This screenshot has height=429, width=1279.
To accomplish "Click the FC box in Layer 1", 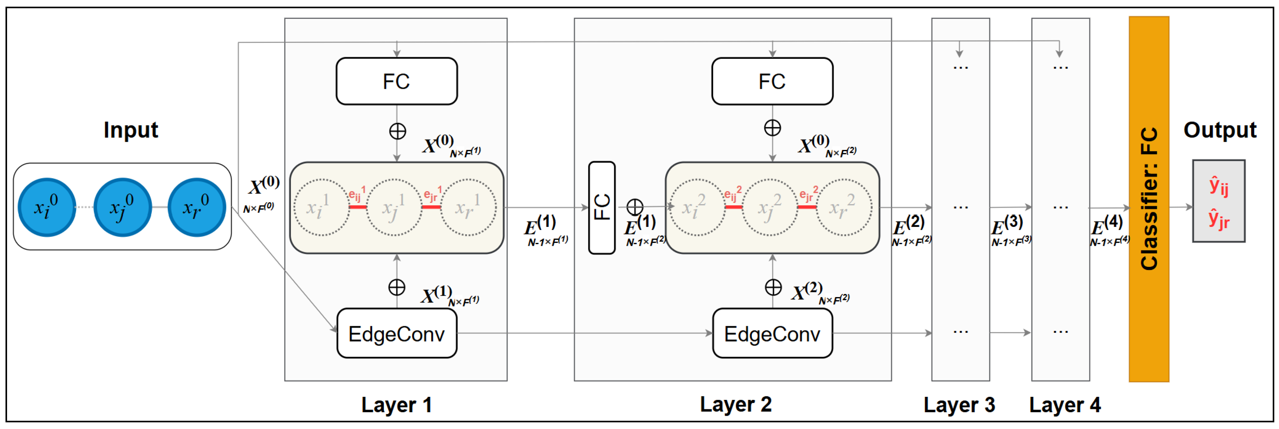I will point(396,81).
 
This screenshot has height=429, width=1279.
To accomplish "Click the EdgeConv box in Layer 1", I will point(396,333).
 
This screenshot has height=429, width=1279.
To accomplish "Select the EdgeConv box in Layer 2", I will point(772,333).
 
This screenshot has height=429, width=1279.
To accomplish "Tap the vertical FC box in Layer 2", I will point(601,207).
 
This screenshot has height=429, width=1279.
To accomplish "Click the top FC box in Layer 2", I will point(772,81).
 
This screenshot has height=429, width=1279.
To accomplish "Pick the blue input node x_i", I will point(47,207).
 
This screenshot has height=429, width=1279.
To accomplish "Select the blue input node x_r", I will point(197,207).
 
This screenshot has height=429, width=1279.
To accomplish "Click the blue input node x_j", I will point(122,207).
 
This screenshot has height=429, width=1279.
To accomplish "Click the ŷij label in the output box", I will point(1219,186).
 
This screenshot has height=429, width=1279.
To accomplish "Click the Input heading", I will point(131,130).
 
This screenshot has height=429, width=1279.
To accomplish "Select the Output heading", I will point(1219,130).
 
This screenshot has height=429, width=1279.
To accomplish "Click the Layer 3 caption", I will point(959,405).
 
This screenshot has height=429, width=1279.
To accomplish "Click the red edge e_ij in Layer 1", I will point(358,206).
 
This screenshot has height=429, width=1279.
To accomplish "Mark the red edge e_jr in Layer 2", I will point(807,206).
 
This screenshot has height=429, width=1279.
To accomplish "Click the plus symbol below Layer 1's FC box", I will point(397,131).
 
